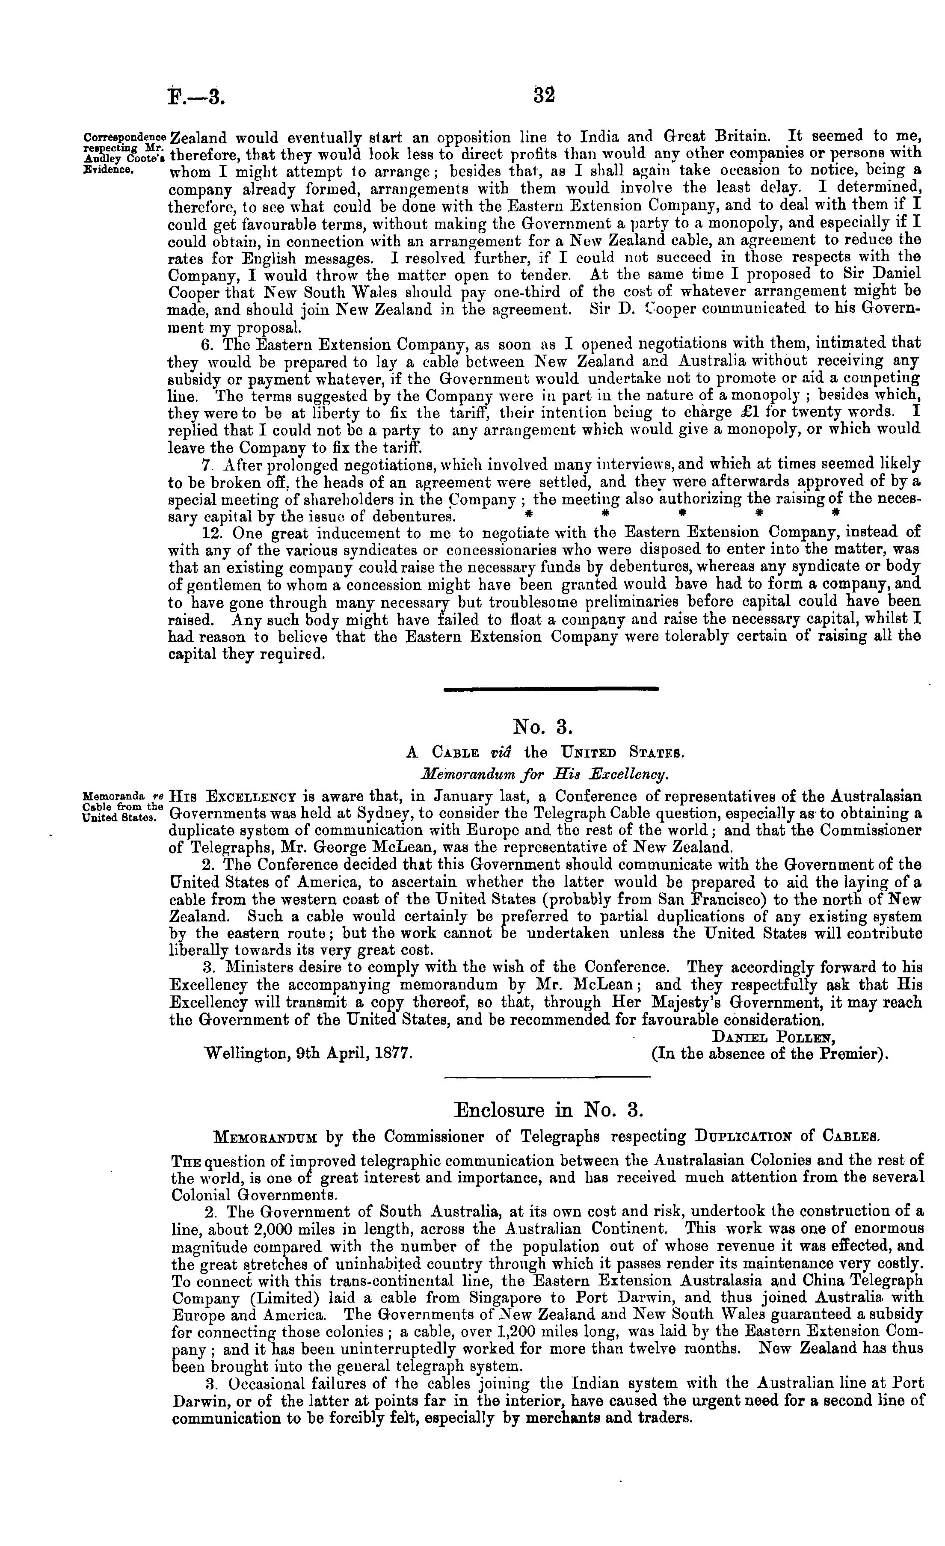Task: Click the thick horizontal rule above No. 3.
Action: coord(551,689)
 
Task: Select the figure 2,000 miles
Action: coord(273,1229)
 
